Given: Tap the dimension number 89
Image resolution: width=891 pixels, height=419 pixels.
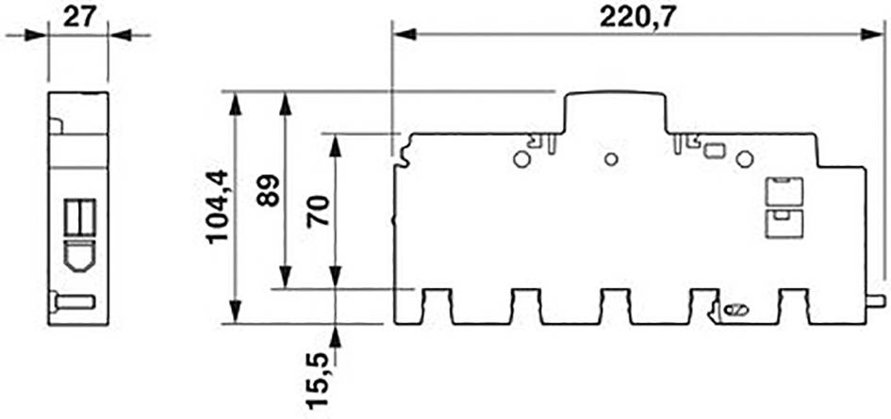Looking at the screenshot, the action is [x=268, y=191].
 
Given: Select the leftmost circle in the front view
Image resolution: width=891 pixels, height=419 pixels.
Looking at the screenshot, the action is [x=520, y=159].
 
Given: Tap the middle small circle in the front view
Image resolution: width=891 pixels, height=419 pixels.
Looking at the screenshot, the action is [x=611, y=159].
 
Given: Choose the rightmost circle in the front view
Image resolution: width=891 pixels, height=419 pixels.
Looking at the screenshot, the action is [x=744, y=159].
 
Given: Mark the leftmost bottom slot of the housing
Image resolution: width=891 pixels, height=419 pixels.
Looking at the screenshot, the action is [x=437, y=306].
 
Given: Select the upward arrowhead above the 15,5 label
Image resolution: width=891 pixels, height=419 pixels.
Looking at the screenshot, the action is [x=336, y=334].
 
